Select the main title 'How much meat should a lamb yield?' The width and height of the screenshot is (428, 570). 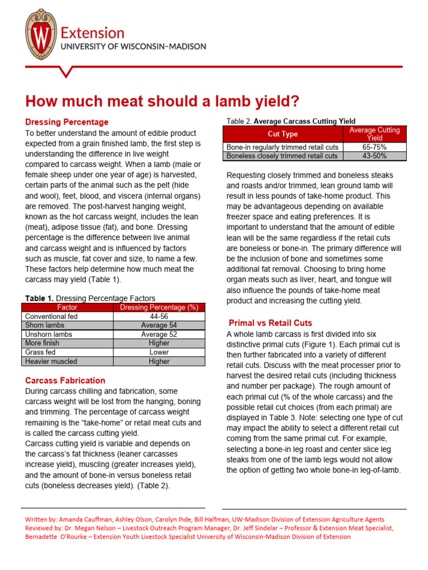[x=154, y=101]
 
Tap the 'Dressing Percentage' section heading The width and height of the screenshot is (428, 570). [x=67, y=122]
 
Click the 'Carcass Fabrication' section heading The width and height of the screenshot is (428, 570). [x=65, y=381]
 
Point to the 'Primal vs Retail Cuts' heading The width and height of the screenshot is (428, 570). [x=271, y=323]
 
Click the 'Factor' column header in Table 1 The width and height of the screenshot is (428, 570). [x=67, y=307]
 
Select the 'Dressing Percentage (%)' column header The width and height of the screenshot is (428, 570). [x=159, y=307]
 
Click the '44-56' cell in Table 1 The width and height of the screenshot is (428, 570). [x=159, y=316]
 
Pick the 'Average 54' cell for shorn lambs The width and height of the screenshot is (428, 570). [x=159, y=325]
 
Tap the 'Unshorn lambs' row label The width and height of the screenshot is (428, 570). [x=48, y=335]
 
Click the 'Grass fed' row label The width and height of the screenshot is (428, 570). [x=41, y=352]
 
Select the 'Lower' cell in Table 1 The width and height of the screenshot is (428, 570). [x=159, y=352]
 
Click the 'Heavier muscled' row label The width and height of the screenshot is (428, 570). [x=51, y=361]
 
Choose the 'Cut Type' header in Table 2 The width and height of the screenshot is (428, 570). [x=283, y=134]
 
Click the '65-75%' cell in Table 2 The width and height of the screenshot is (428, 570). [x=374, y=147]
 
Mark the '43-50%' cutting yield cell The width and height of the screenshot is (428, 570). [x=374, y=156]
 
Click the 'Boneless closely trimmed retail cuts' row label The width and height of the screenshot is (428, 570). [x=282, y=156]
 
